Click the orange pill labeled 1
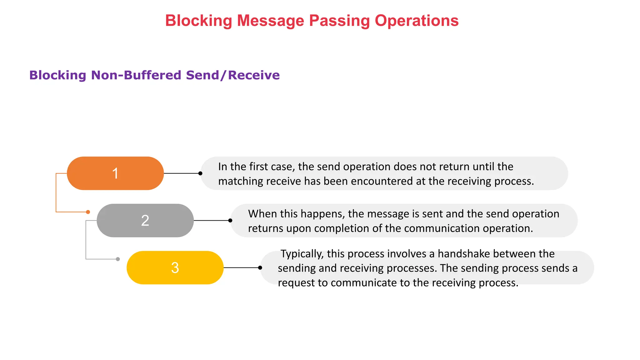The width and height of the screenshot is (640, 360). click(x=115, y=173)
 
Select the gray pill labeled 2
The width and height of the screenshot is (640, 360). click(x=145, y=221)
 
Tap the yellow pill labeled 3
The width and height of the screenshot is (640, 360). click(x=175, y=268)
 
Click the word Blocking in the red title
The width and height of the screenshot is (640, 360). click(x=198, y=21)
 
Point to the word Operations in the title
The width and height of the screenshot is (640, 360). click(x=417, y=21)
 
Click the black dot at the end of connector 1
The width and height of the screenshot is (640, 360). click(x=200, y=173)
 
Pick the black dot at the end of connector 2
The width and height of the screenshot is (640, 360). click(x=230, y=221)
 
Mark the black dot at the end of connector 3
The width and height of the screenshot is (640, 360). click(x=260, y=268)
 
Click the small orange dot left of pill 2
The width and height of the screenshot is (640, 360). click(x=88, y=212)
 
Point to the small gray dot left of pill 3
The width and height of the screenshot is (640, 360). click(x=118, y=259)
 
